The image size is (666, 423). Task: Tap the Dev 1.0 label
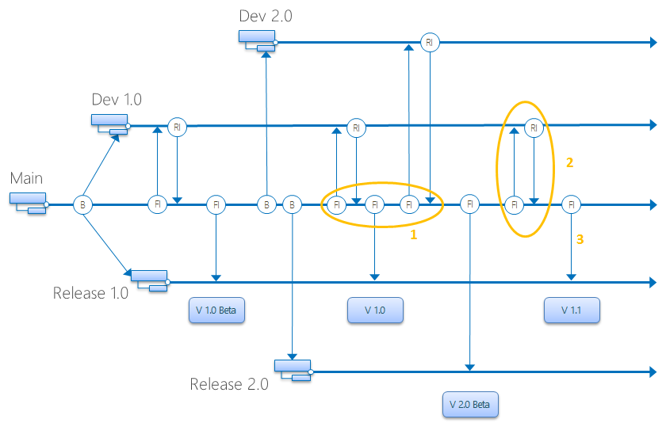tap(117, 100)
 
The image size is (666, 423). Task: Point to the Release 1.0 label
tap(90, 293)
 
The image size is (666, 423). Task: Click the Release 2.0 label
tap(228, 385)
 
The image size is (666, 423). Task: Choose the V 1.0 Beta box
tap(216, 311)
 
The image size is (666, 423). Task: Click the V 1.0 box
tap(375, 311)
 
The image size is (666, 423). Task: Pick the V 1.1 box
tap(571, 311)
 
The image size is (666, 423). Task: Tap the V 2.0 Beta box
tap(470, 405)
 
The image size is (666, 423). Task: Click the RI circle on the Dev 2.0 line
tap(429, 43)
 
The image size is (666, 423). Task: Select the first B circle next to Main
tap(82, 204)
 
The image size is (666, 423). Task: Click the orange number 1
tap(413, 235)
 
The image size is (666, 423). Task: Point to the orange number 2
tap(569, 162)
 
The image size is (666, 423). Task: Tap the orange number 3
tap(580, 238)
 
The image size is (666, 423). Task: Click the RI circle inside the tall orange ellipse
tap(534, 128)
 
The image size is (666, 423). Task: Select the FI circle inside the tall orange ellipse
tap(515, 204)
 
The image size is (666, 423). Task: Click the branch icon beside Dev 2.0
tap(258, 40)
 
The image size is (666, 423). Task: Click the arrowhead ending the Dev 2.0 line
tap(653, 43)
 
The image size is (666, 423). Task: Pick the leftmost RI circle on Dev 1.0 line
tap(177, 127)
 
